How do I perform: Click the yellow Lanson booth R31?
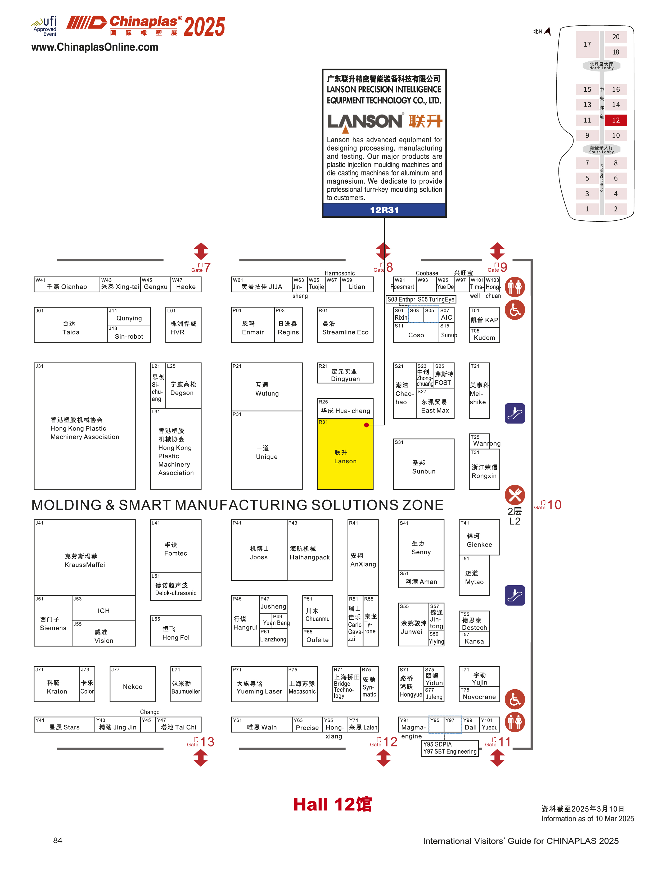[345, 456]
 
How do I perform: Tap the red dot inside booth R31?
[366, 425]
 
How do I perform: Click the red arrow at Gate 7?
[201, 251]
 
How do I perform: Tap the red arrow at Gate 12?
[383, 758]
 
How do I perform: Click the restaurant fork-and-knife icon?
[515, 495]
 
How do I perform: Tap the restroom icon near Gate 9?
[515, 287]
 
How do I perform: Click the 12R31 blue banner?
[384, 210]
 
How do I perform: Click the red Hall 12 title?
[332, 804]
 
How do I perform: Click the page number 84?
[58, 840]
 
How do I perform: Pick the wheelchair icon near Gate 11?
[515, 699]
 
